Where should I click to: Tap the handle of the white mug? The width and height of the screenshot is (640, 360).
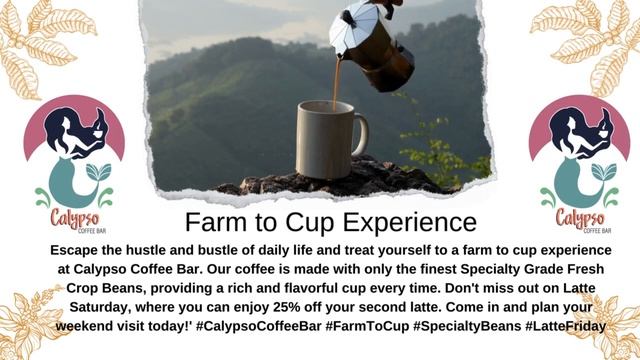(x=359, y=136)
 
